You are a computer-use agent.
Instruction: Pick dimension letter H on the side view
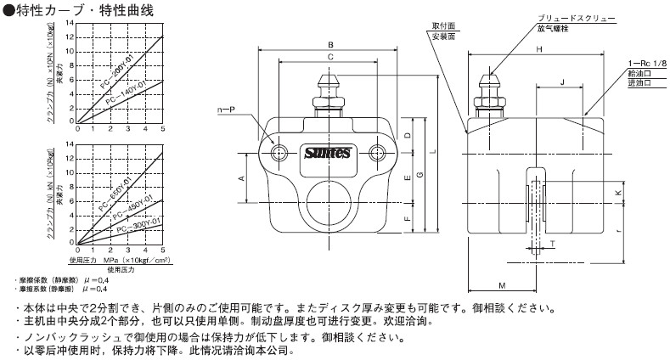click(x=539, y=50)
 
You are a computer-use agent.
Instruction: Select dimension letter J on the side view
click(x=562, y=82)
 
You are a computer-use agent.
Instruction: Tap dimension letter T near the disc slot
click(x=554, y=242)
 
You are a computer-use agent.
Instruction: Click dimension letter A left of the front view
click(x=241, y=178)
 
